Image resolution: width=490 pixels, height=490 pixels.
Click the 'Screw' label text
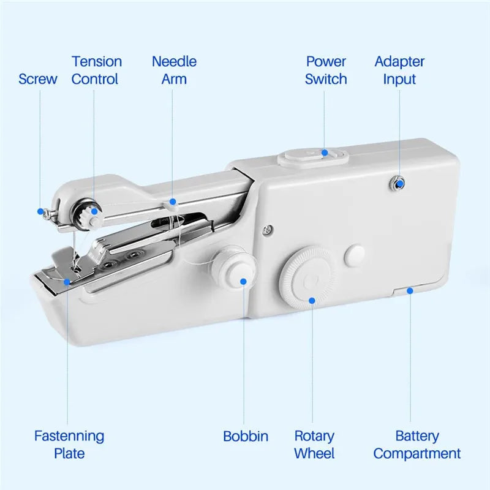(37, 79)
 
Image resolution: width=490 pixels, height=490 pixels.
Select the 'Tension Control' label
(96, 70)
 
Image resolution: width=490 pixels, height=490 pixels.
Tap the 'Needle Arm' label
(174, 70)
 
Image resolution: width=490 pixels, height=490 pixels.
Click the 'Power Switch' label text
(326, 70)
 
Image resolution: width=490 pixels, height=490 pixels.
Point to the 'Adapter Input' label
(399, 70)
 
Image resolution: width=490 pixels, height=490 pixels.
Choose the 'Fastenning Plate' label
(69, 445)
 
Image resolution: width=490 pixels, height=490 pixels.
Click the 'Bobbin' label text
(245, 437)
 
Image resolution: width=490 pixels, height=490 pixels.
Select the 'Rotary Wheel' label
(314, 445)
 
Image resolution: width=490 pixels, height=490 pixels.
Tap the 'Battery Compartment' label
(417, 445)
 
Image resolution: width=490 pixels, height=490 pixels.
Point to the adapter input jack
(399, 182)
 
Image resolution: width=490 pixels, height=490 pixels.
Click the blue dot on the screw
(40, 211)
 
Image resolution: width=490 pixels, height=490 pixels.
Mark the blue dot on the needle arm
(173, 200)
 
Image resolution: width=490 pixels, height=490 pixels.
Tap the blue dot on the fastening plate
(67, 281)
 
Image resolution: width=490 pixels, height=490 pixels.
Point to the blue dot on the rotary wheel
(312, 300)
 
